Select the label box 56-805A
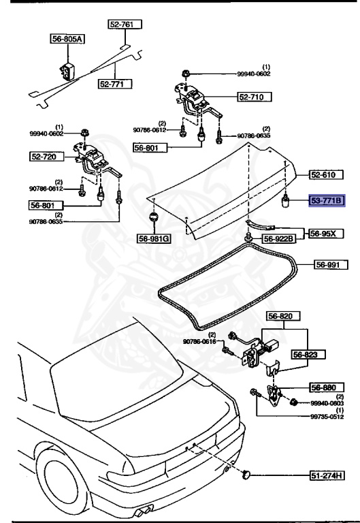pyautogui.click(x=67, y=39)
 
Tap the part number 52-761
pyautogui.click(x=123, y=24)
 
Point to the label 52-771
pyautogui.click(x=114, y=84)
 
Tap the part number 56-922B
pyautogui.click(x=280, y=238)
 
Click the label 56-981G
pyautogui.click(x=153, y=239)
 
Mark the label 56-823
pyautogui.click(x=309, y=354)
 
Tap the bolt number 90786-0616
pyautogui.click(x=199, y=340)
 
